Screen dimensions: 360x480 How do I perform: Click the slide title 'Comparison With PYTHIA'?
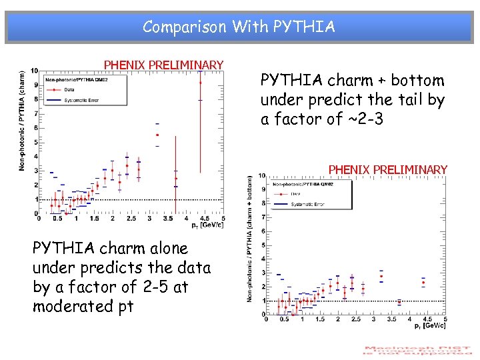(x=239, y=27)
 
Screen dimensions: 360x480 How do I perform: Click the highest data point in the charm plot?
(x=200, y=83)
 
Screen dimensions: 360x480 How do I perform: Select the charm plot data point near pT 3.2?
(x=157, y=135)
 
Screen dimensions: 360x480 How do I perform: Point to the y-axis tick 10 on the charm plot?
(x=35, y=71)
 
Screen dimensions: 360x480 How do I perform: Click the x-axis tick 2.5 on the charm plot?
(x=131, y=219)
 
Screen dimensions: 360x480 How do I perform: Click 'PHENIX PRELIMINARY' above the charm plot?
(x=163, y=65)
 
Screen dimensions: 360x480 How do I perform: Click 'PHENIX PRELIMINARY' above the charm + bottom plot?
(x=388, y=170)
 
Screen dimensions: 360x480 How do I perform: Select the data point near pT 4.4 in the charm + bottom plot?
(x=423, y=283)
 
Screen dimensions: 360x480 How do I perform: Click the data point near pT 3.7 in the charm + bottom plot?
(x=399, y=302)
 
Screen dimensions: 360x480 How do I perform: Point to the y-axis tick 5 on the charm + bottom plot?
(x=262, y=245)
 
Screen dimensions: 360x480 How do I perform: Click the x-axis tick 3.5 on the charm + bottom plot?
(x=392, y=319)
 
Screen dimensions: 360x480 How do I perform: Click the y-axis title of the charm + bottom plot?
(x=251, y=237)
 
